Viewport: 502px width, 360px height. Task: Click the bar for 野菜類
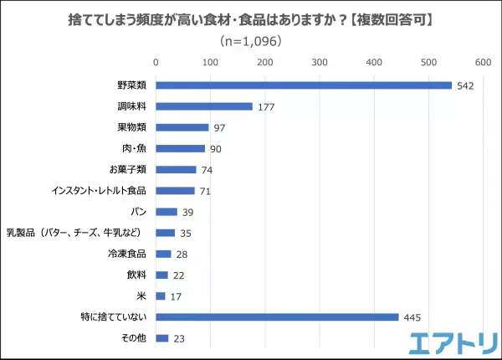304,85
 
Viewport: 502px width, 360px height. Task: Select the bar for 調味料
204,106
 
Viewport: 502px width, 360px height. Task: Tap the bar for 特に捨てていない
277,316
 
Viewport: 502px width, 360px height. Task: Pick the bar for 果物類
182,127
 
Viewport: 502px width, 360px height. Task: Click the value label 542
466,85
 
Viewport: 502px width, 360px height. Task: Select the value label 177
266,107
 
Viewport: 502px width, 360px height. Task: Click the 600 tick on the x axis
483,61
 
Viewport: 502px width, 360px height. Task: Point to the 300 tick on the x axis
319,61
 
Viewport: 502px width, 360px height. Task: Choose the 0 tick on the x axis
156,61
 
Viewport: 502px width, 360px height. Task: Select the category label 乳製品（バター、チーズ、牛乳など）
79,233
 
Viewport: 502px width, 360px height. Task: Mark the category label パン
139,212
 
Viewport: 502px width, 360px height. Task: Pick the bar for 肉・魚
180,148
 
